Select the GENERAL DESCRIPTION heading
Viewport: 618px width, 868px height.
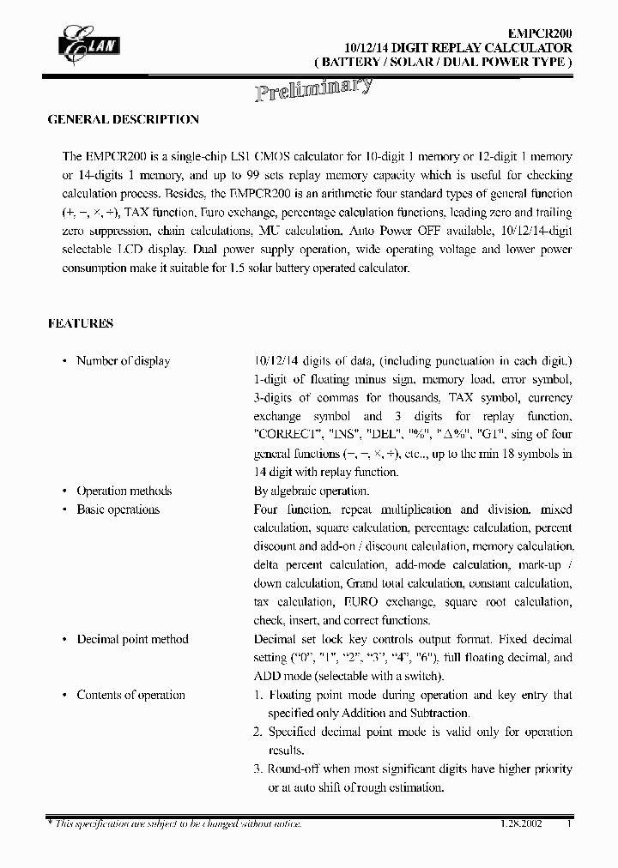(123, 120)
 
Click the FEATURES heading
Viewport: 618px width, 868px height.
(80, 323)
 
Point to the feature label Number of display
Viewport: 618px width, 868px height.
(124, 361)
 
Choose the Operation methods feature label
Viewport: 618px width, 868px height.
(124, 491)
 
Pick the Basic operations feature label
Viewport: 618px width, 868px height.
(118, 509)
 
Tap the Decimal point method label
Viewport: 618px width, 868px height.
(132, 639)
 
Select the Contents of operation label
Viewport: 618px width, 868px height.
(130, 695)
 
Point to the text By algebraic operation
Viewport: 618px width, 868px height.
(312, 491)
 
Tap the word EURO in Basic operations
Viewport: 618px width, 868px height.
(360, 602)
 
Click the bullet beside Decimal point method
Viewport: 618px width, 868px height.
(64, 640)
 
